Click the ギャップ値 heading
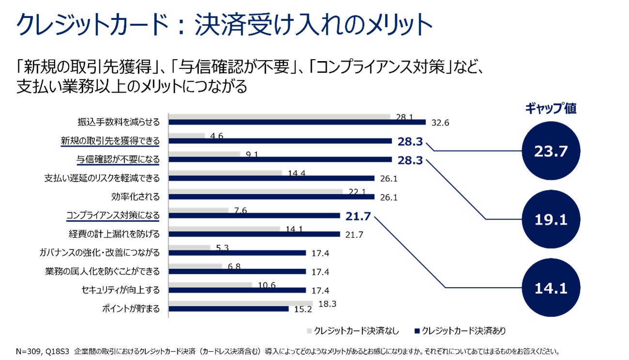click(551, 108)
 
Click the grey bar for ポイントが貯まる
click(240, 303)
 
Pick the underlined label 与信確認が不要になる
click(118, 159)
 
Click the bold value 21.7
click(358, 216)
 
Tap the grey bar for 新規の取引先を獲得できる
click(186, 136)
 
